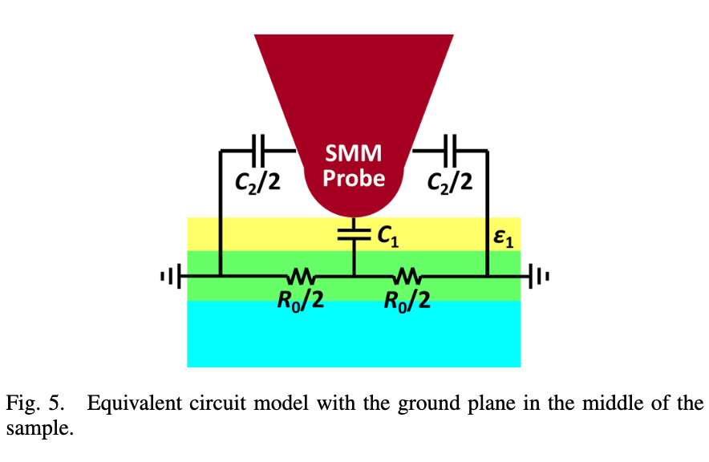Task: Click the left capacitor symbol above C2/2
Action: coord(258,150)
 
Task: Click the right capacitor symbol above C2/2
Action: coord(451,150)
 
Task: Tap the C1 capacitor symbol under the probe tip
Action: coord(354,233)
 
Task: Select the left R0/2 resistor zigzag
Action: coord(301,275)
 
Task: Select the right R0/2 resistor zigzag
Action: coord(407,275)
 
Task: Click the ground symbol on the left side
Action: coord(172,276)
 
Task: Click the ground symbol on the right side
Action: coord(539,276)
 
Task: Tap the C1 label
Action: coord(388,236)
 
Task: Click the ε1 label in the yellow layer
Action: coord(503,238)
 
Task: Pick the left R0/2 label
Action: coord(301,299)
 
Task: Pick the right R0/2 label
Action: coord(407,299)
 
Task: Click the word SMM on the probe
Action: coord(354,153)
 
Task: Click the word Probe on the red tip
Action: coord(354,179)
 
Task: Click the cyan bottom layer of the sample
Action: coord(354,334)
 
